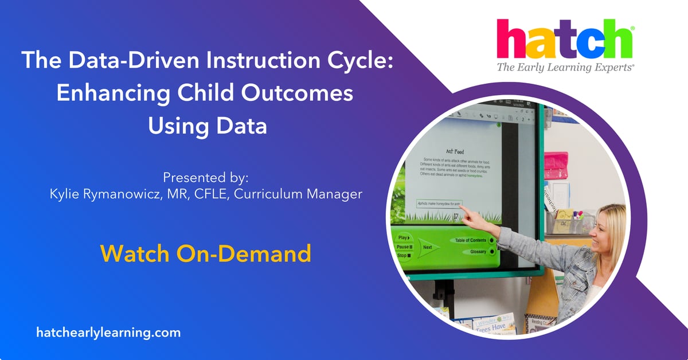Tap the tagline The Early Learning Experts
pos(565,68)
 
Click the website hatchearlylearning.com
pos(108,332)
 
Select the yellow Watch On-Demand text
pos(206,253)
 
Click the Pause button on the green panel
pos(405,246)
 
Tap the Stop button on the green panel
pos(404,255)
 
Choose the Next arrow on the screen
pos(428,248)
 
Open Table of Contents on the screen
pos(470,240)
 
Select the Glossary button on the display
pos(478,252)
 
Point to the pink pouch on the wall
pos(555,166)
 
